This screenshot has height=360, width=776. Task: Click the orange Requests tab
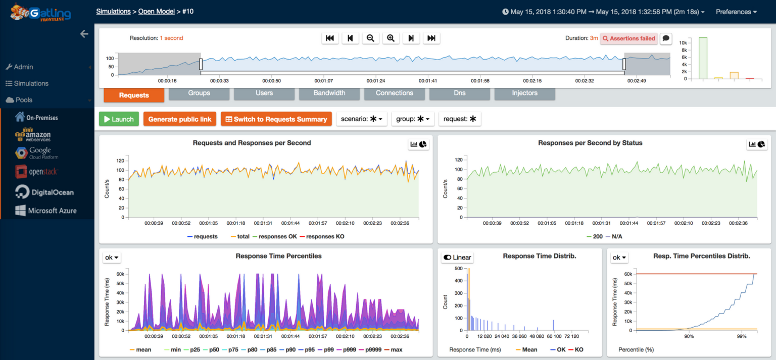tap(134, 95)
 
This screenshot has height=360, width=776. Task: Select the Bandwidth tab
tap(329, 93)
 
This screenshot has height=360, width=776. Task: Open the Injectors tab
tap(524, 93)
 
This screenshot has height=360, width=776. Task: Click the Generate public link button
tap(179, 119)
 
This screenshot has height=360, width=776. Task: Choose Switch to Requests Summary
tap(276, 119)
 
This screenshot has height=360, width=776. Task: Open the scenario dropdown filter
tap(362, 119)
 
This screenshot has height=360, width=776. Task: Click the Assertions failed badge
tap(628, 38)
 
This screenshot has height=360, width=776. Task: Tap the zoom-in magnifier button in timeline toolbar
tap(391, 38)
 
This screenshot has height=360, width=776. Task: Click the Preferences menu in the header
tap(736, 12)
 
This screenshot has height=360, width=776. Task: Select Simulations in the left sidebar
tap(31, 83)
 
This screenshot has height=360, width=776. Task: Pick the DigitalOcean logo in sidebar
tap(44, 192)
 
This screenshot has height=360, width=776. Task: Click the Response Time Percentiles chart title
tap(278, 256)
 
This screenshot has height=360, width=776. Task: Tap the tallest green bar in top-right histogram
tap(703, 58)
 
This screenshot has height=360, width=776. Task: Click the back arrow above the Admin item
tap(84, 34)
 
